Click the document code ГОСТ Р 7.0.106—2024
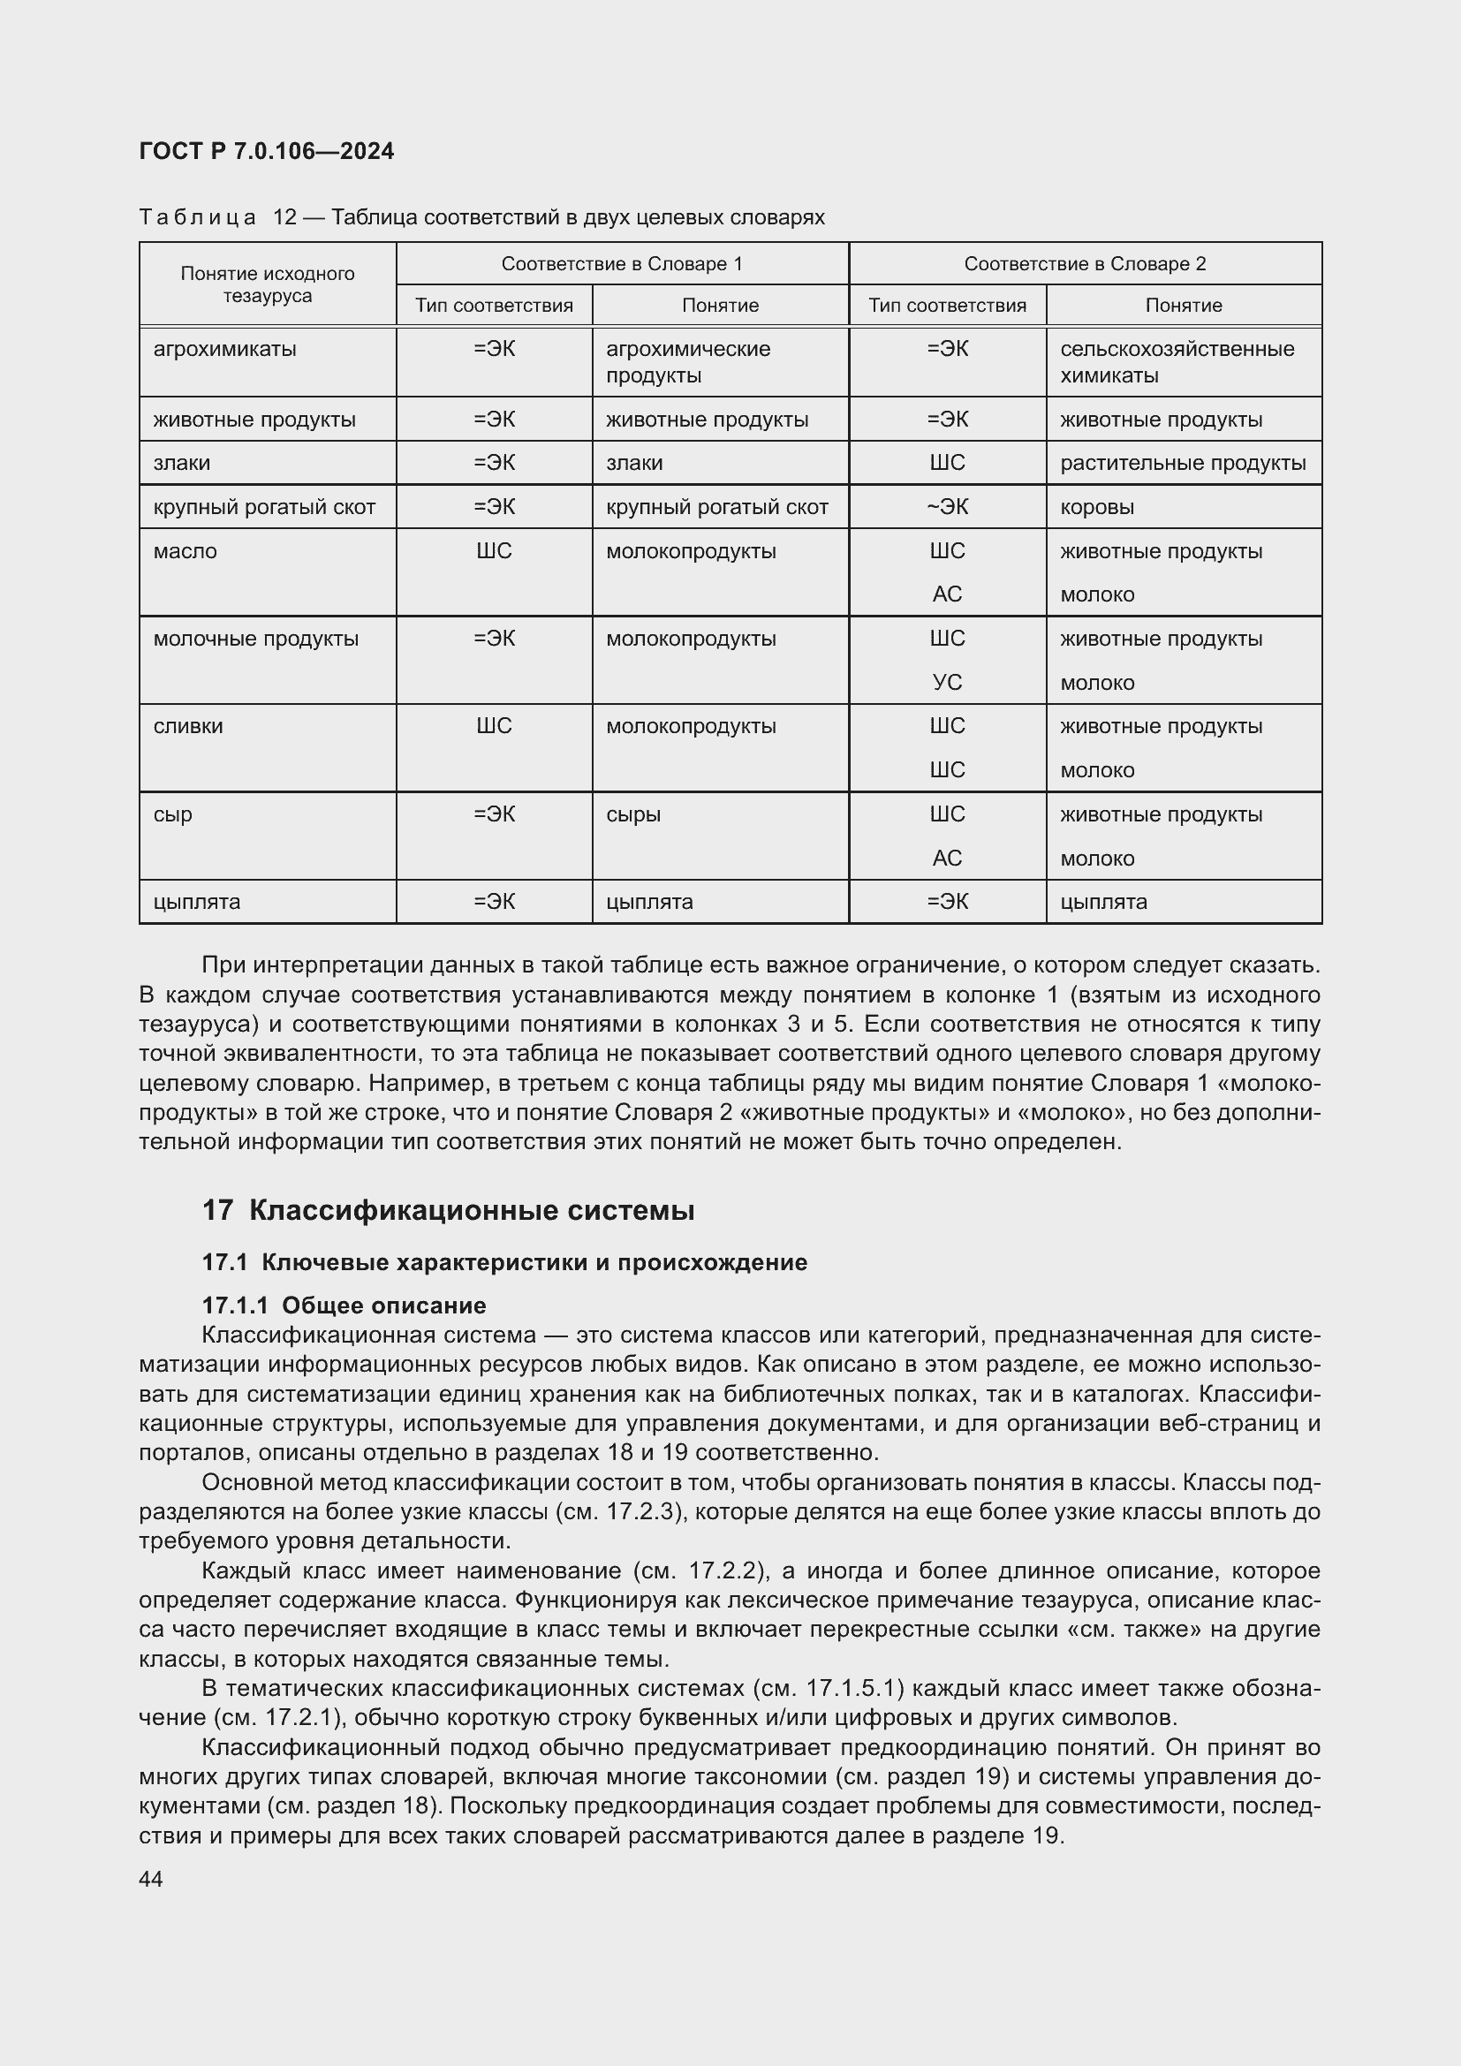point(266,151)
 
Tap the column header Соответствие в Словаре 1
point(622,263)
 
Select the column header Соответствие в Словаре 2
point(1084,263)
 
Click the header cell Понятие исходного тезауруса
point(267,284)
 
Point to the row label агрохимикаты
point(224,349)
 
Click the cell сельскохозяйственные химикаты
point(1176,362)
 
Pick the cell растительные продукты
point(1182,464)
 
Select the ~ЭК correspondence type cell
point(946,507)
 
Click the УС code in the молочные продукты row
point(946,683)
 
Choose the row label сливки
point(188,726)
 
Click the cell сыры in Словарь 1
point(633,814)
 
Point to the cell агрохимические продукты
point(687,362)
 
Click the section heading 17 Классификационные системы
point(448,1210)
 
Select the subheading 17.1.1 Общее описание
point(344,1305)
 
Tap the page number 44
point(151,1879)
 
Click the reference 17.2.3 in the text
point(640,1510)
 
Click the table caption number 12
point(285,218)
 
